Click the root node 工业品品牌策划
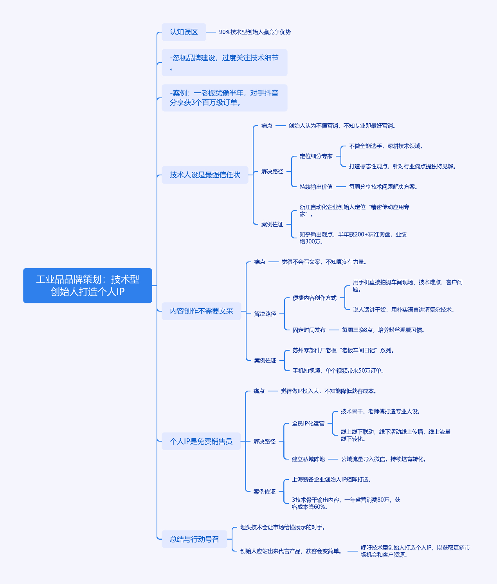[88, 285]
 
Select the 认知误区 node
[184, 32]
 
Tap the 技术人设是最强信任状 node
[205, 175]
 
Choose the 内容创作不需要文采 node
[202, 311]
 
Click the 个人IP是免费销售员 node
[201, 441]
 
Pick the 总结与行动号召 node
[194, 539]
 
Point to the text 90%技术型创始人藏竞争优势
[255, 32]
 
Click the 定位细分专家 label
[316, 156]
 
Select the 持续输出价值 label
[316, 187]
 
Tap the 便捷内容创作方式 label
[315, 298]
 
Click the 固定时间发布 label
[309, 330]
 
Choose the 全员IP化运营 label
[308, 424]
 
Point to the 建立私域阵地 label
[308, 459]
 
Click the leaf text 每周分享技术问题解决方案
[383, 187]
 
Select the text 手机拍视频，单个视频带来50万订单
[338, 371]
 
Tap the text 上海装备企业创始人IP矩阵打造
[331, 479]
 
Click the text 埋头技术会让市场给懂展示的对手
[283, 527]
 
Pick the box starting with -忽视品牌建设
[224, 63]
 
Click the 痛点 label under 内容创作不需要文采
[260, 262]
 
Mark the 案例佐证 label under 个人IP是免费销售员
[265, 492]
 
